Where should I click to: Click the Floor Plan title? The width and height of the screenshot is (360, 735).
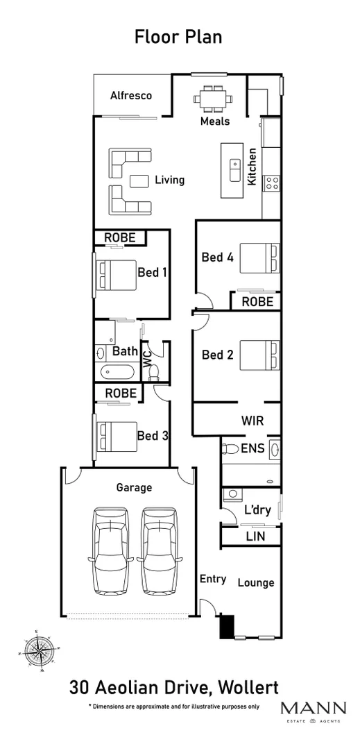point(178,37)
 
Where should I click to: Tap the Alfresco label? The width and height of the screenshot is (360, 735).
point(131,96)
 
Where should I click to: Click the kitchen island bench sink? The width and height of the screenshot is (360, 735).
point(234,167)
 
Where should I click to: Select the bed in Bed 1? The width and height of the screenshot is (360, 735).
point(115,273)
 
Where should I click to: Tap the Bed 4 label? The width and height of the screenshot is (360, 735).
point(217,257)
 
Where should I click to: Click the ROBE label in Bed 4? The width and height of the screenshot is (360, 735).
point(257,302)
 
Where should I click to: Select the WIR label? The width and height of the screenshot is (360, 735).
point(252,421)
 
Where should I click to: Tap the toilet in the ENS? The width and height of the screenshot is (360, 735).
point(230,449)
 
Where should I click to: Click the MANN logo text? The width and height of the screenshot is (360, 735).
point(313,708)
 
